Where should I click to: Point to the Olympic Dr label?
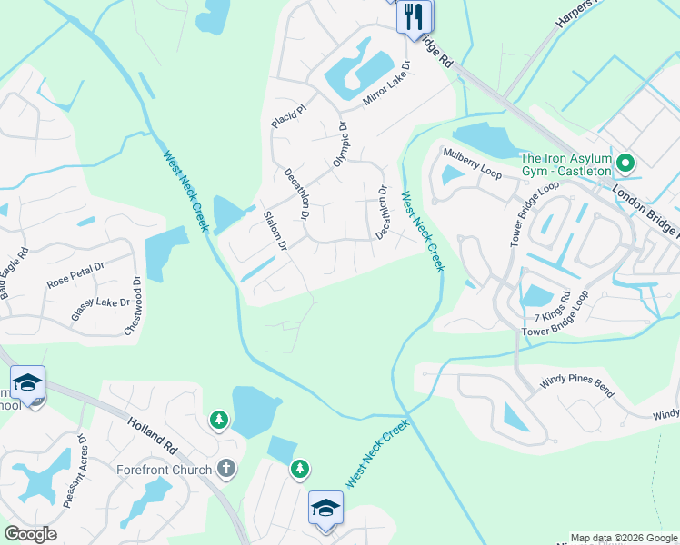pos(341,144)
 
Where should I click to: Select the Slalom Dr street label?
pos(274,232)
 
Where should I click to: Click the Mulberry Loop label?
pos(472,165)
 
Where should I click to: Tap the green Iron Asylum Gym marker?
pos(625,163)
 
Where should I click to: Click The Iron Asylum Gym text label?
pos(565,164)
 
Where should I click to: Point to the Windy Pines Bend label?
pos(577,385)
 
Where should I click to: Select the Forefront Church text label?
pos(165,470)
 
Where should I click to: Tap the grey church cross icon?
pos(225,470)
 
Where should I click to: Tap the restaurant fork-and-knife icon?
pos(415,15)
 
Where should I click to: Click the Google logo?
pos(30,534)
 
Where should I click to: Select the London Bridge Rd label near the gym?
pos(645,205)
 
